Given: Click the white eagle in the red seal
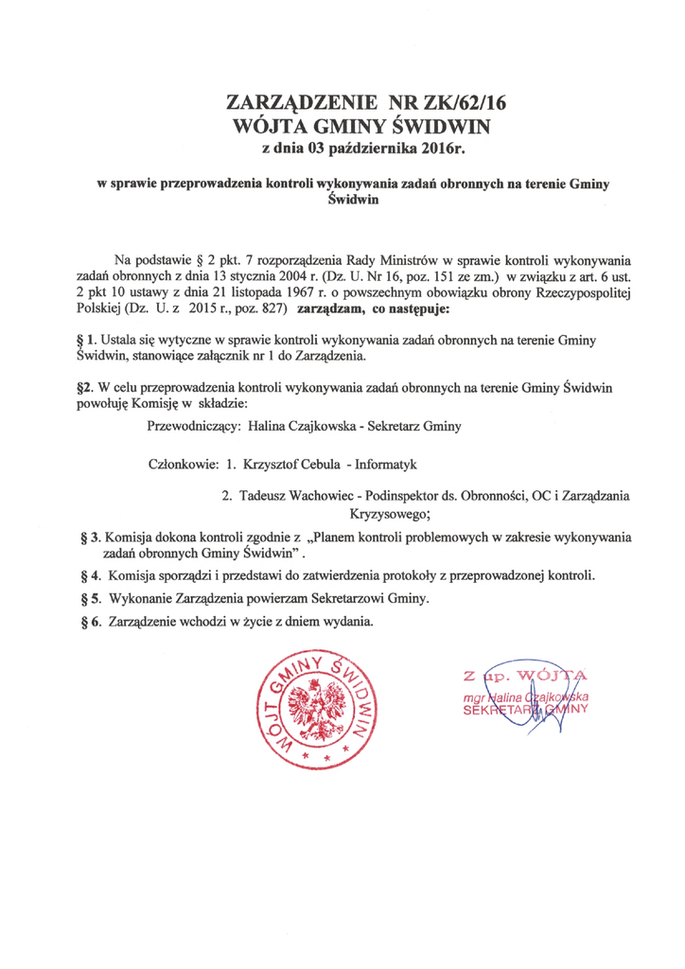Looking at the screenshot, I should [x=311, y=711].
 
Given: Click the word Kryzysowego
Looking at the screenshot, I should [x=390, y=514].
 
